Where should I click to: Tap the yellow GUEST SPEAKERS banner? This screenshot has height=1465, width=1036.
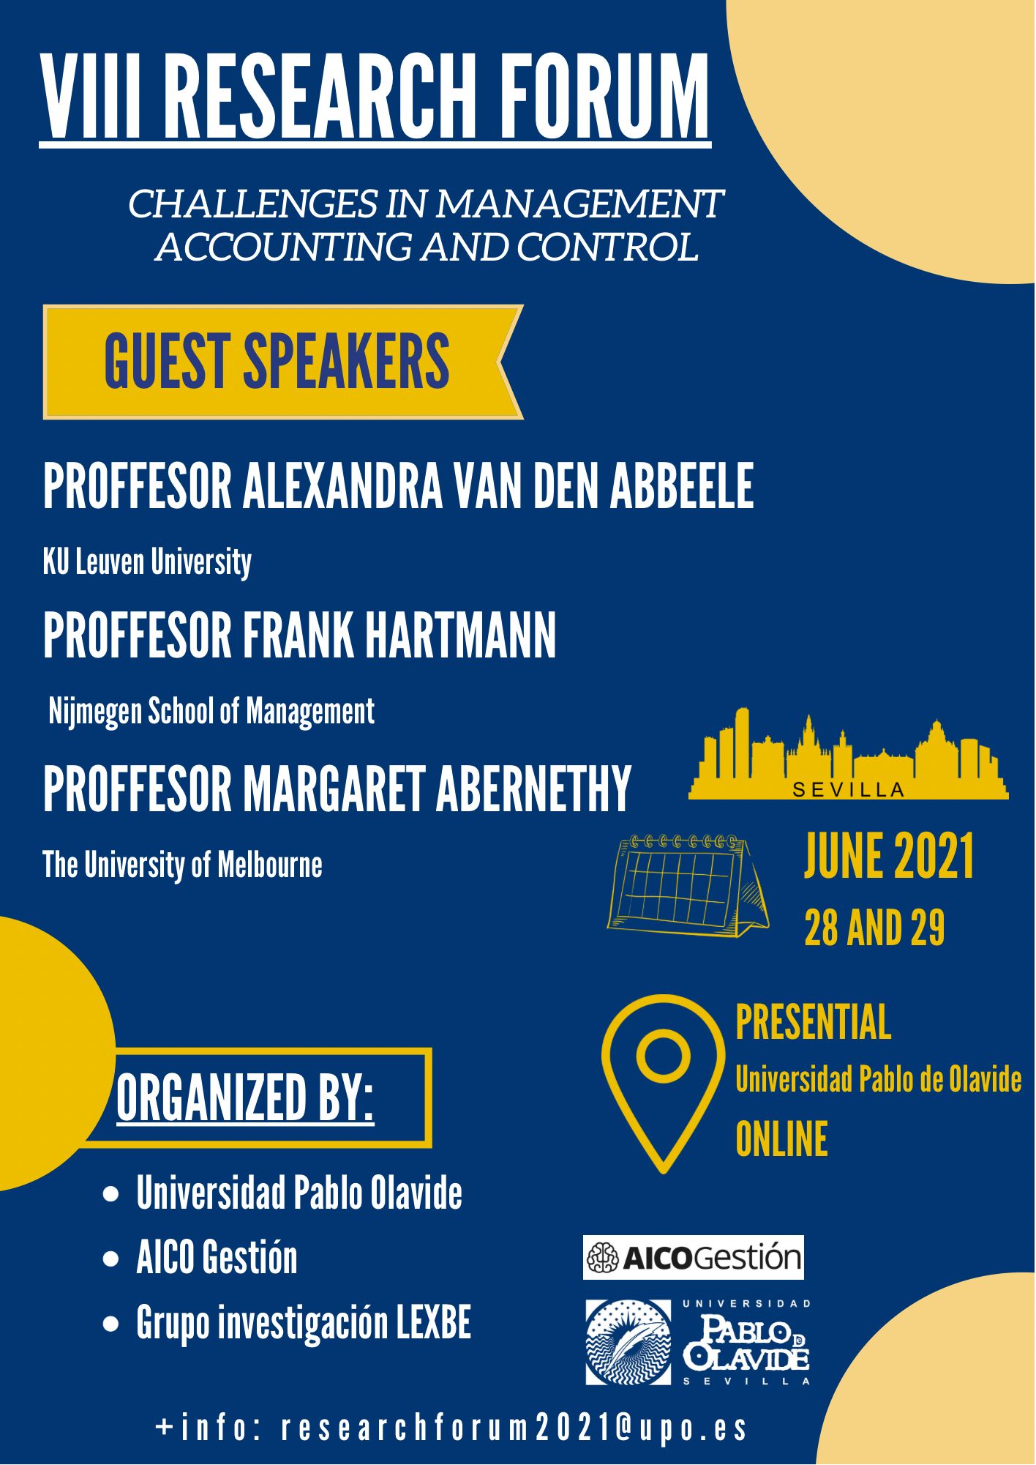point(283,362)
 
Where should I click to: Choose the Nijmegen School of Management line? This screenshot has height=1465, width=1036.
point(211,712)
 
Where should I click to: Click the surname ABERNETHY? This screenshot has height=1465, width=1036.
point(533,789)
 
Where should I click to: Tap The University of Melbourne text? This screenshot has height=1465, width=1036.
point(182,865)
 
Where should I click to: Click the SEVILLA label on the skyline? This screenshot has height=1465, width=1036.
point(849,790)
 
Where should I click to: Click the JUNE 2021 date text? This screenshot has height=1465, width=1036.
point(889,856)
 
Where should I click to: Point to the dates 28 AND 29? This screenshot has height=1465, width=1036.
point(874,928)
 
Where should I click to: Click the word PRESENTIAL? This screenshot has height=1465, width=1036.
point(813,1022)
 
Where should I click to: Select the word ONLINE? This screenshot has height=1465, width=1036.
point(781,1139)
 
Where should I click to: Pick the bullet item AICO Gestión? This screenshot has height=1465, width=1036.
point(217,1258)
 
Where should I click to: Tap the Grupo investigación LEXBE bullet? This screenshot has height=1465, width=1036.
point(304,1323)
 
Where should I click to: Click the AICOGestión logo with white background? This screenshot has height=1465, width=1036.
point(693,1258)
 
